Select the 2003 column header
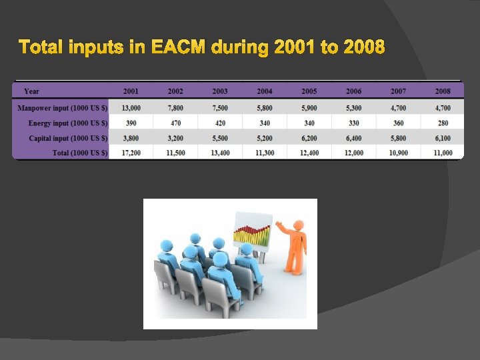[220, 91]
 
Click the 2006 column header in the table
[353, 91]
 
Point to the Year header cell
[31, 91]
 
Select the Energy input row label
[67, 123]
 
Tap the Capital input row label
[67, 138]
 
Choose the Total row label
[80, 153]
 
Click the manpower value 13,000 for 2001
[131, 107]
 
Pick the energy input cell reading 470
[175, 123]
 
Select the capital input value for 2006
[353, 138]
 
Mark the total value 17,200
[131, 153]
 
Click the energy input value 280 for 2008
[443, 123]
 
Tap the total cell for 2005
[309, 153]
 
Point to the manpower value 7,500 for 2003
[220, 107]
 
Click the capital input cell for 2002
[175, 138]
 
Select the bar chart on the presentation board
[252, 233]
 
